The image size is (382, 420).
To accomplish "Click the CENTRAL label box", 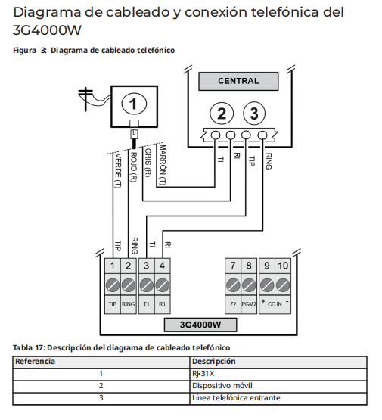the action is click(x=238, y=81).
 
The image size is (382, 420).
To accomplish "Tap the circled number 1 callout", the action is click(x=134, y=104).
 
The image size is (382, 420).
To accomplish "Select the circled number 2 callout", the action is click(x=222, y=114).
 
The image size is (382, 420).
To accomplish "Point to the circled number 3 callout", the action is click(x=254, y=114).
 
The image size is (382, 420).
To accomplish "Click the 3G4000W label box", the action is click(x=200, y=325).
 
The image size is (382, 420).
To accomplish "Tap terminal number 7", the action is click(x=233, y=266).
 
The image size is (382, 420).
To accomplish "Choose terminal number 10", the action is click(x=283, y=266).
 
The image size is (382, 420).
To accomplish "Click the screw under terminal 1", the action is click(x=113, y=285).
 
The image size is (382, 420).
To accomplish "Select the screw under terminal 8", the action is click(x=249, y=285).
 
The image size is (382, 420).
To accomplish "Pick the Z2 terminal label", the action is click(x=233, y=304).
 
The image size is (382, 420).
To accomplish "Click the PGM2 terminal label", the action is click(x=249, y=304).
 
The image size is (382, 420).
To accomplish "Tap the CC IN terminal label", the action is click(x=275, y=304).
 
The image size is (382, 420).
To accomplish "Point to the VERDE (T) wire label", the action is click(x=118, y=171).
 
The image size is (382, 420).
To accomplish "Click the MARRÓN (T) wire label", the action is click(x=163, y=165).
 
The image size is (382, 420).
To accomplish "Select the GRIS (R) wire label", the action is click(x=148, y=163).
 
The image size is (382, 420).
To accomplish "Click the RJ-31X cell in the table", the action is click(x=203, y=373).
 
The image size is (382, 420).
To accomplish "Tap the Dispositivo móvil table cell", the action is click(x=222, y=386).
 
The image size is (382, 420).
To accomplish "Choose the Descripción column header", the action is click(x=213, y=362).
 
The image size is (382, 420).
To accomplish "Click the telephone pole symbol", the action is click(x=85, y=98).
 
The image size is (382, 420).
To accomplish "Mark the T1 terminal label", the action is click(x=146, y=304).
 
